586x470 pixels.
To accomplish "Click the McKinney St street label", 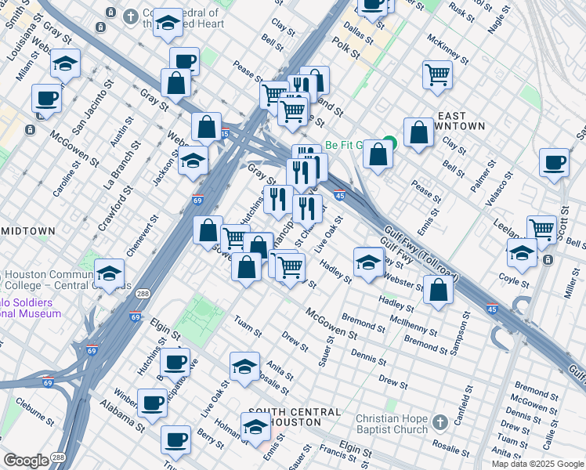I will coord(448,49).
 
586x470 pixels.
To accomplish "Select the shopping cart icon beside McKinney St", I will coord(437,75).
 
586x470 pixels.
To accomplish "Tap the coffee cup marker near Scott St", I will coord(554,162).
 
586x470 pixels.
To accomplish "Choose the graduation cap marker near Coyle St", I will coord(522,253).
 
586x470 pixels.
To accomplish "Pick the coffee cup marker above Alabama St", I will coord(152,403).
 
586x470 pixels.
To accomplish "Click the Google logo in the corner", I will coord(26,461).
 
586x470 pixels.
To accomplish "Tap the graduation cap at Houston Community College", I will coord(110,273).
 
